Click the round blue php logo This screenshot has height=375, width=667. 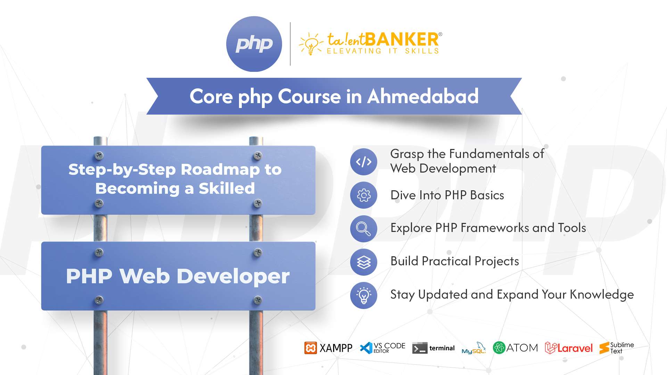254,44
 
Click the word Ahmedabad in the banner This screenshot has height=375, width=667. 423,96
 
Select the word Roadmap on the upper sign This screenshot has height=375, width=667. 220,169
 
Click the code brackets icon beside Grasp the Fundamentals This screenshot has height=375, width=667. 363,162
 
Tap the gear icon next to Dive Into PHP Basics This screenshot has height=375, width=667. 363,195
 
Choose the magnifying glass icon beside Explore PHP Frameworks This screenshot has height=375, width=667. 363,228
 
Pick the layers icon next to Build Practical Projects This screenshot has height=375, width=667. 363,262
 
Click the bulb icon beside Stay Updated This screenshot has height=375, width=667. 363,295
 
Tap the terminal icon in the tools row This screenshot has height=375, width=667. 420,348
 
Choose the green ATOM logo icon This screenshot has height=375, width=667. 499,348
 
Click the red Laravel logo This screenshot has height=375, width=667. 569,348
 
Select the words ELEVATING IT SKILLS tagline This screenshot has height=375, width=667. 383,51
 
